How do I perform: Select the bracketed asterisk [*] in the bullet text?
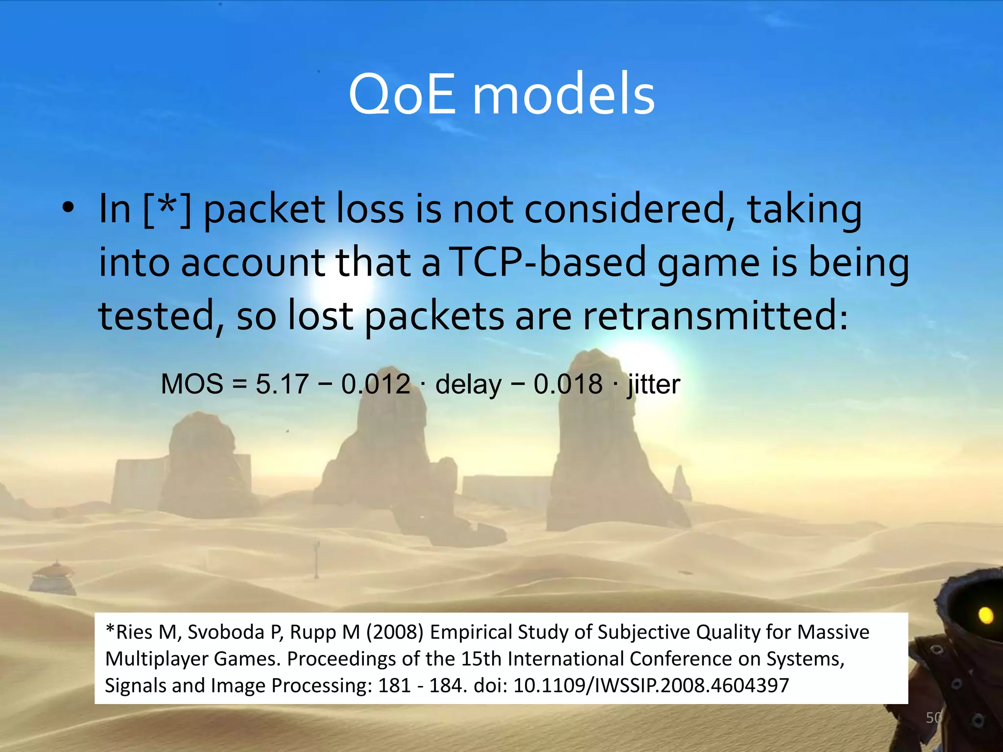(x=167, y=210)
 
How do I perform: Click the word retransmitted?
(x=710, y=316)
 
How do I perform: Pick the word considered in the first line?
(x=629, y=210)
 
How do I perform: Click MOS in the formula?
(x=192, y=384)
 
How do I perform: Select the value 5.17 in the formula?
(x=282, y=384)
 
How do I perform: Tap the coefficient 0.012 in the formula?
(x=376, y=384)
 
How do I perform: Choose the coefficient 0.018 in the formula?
(x=568, y=384)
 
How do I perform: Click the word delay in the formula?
(x=468, y=384)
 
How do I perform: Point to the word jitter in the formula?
(x=654, y=384)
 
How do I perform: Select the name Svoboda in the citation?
(x=226, y=632)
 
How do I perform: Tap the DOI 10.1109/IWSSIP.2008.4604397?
(x=651, y=685)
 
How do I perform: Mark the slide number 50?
(x=933, y=718)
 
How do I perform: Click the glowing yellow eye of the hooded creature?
(x=985, y=615)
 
